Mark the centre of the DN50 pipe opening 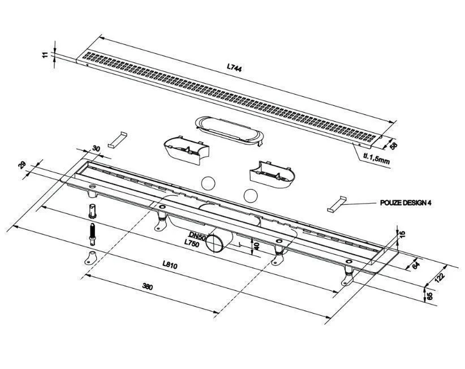pyautogui.click(x=214, y=243)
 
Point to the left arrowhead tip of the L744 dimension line pyautogui.click(x=100, y=37)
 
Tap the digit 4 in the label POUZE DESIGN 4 pyautogui.click(x=429, y=203)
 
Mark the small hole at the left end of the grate pyautogui.click(x=87, y=65)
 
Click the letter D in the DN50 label pyautogui.click(x=192, y=235)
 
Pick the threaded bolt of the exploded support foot pyautogui.click(x=92, y=234)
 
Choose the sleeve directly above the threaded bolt pyautogui.click(x=92, y=211)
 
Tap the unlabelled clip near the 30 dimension pyautogui.click(x=117, y=139)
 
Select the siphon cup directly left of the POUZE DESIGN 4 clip pyautogui.click(x=272, y=175)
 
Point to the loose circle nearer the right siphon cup pyautogui.click(x=251, y=195)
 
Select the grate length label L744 pyautogui.click(x=234, y=67)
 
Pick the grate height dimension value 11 pyautogui.click(x=45, y=54)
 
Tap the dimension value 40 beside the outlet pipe pyautogui.click(x=257, y=246)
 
